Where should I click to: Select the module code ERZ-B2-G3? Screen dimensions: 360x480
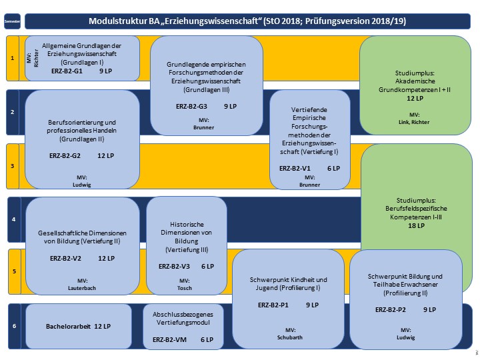[x=191, y=106]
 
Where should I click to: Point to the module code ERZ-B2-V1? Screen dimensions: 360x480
[x=294, y=169]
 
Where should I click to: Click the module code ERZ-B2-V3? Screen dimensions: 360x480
[x=175, y=266]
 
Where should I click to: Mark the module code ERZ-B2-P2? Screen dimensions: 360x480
[x=390, y=309]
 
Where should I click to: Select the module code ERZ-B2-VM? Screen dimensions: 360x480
[x=169, y=339]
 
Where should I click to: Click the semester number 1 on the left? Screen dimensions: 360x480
[x=13, y=59]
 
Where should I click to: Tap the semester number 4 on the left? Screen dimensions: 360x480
[x=13, y=219]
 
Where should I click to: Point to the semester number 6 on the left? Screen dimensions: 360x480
[x=13, y=326]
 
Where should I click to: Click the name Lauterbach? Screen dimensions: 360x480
[x=83, y=288]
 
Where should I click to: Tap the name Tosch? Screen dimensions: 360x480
[x=184, y=288]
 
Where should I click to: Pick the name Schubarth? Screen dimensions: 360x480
[x=290, y=337]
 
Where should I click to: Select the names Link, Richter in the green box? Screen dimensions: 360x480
[x=414, y=122]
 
